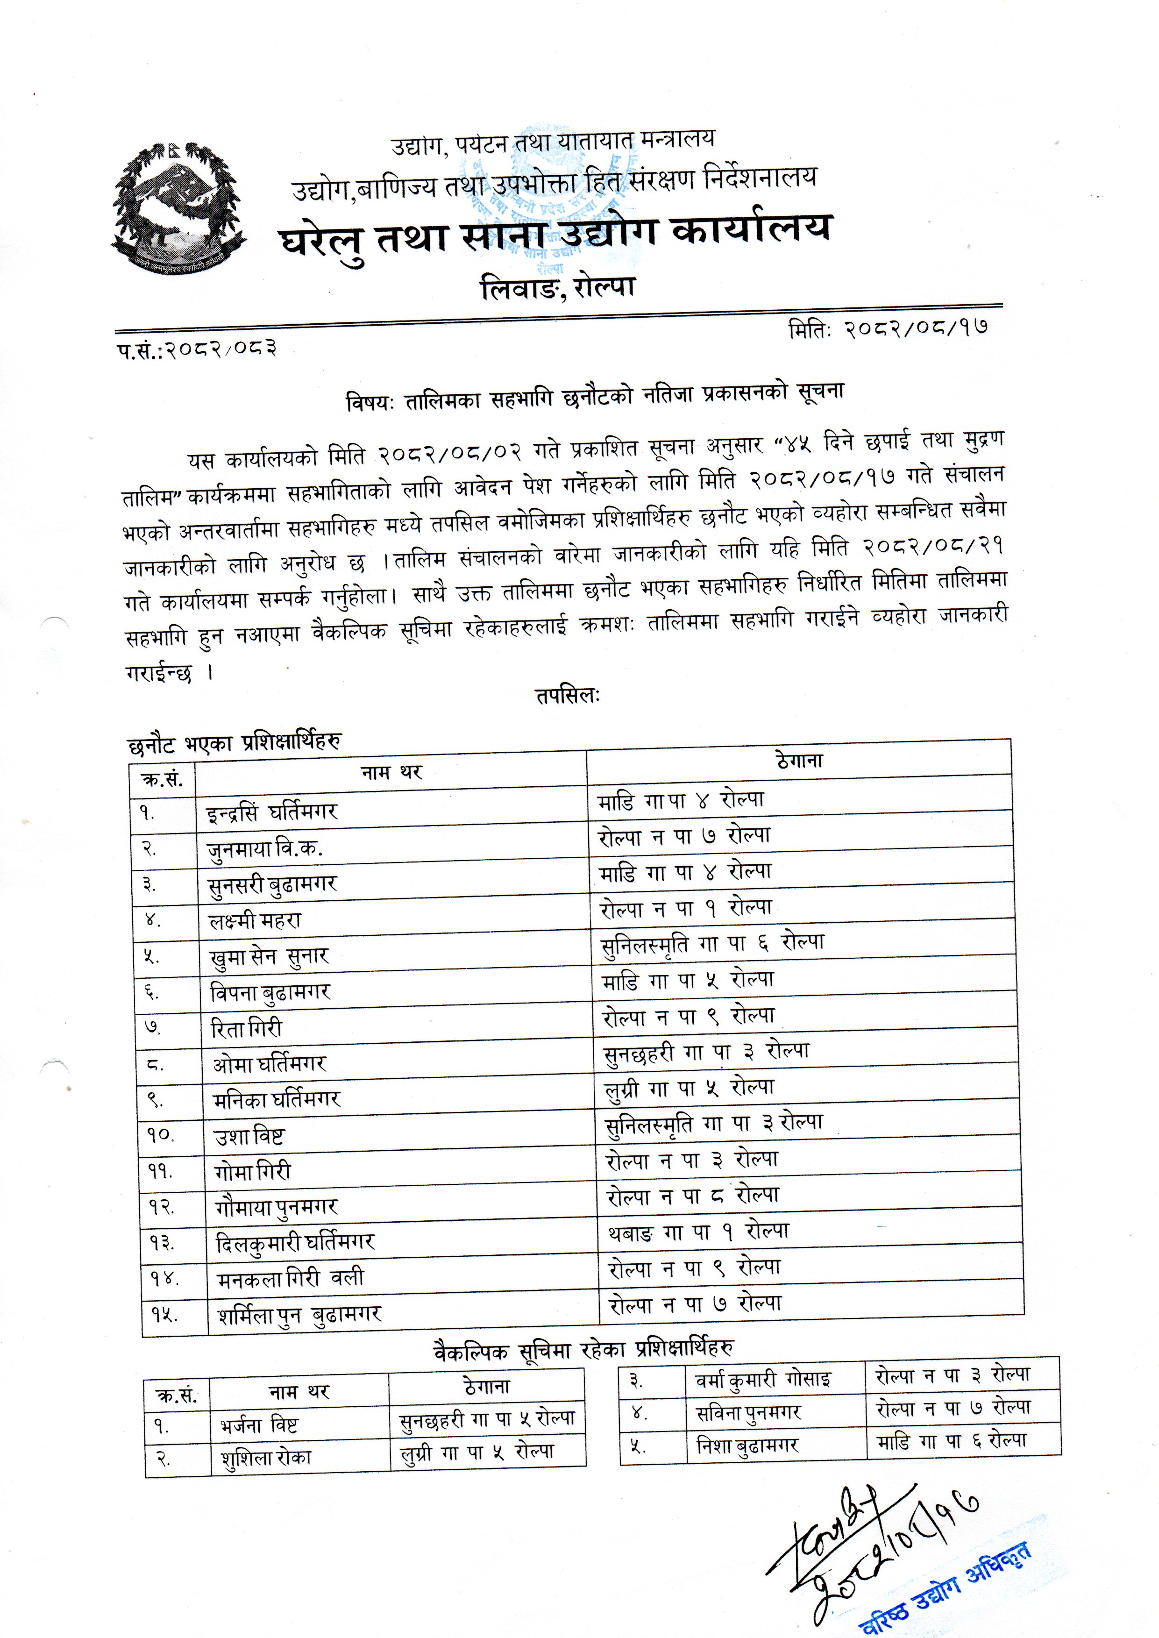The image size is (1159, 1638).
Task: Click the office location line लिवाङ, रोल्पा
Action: pos(557,288)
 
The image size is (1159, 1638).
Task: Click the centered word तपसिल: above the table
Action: pos(568,696)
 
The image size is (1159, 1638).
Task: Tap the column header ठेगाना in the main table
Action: pos(799,761)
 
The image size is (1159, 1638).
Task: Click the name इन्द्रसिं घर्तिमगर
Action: pos(272,812)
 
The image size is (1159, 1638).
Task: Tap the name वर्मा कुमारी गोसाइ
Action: pos(763,1381)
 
